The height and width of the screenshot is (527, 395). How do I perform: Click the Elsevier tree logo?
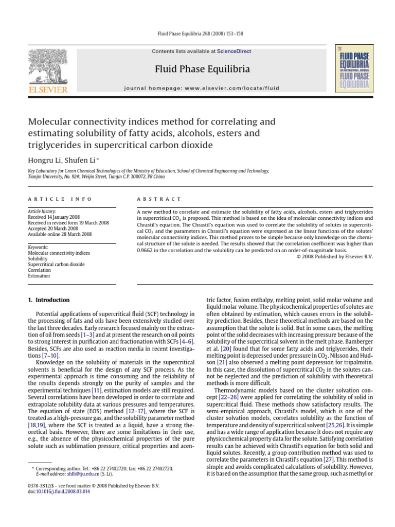(47, 69)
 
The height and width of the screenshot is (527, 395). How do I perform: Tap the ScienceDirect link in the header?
(234, 51)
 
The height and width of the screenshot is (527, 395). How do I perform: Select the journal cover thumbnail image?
(354, 68)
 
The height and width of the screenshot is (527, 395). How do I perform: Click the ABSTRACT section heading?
(159, 199)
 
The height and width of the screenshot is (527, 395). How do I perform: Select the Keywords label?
(38, 248)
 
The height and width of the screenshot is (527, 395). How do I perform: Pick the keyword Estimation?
(39, 276)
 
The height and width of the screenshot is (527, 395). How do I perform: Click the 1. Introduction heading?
(49, 300)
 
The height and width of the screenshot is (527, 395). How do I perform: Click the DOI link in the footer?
(59, 492)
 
